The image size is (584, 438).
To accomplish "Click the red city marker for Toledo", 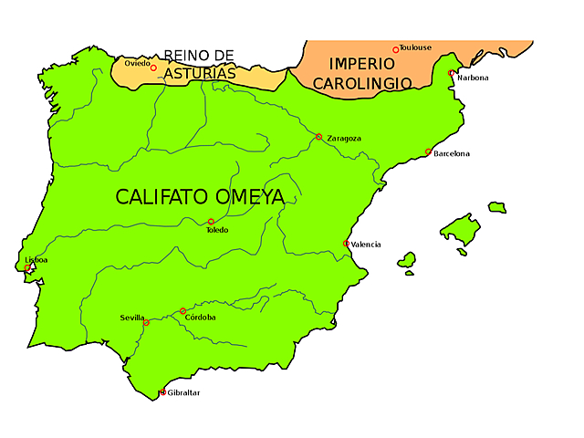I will pyautogui.click(x=211, y=222).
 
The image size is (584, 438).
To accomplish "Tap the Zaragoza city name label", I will pyautogui.click(x=344, y=139).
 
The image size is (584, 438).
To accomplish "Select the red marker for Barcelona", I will pyautogui.click(x=428, y=152).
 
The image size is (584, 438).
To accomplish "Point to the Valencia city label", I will pyautogui.click(x=366, y=245).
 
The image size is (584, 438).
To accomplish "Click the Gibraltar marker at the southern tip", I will pyautogui.click(x=163, y=392).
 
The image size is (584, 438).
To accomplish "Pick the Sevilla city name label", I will pyautogui.click(x=131, y=318).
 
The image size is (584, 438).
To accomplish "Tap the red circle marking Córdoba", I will pyautogui.click(x=182, y=311).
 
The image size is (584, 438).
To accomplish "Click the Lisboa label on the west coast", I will pyautogui.click(x=36, y=260).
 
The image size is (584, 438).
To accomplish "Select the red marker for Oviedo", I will pyautogui.click(x=153, y=68).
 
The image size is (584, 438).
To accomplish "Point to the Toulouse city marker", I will pyautogui.click(x=396, y=49).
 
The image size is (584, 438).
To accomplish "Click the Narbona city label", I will pyautogui.click(x=473, y=78).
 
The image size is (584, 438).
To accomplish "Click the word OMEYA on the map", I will pyautogui.click(x=250, y=197).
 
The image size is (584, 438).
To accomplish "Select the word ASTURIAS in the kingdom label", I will pyautogui.click(x=200, y=74).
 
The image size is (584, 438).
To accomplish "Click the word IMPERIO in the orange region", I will pyautogui.click(x=362, y=64).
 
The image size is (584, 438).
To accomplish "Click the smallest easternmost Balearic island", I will pyautogui.click(x=496, y=207).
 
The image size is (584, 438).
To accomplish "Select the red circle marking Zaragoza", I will pyautogui.click(x=318, y=137).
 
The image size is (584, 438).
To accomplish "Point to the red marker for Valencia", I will pyautogui.click(x=346, y=244).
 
